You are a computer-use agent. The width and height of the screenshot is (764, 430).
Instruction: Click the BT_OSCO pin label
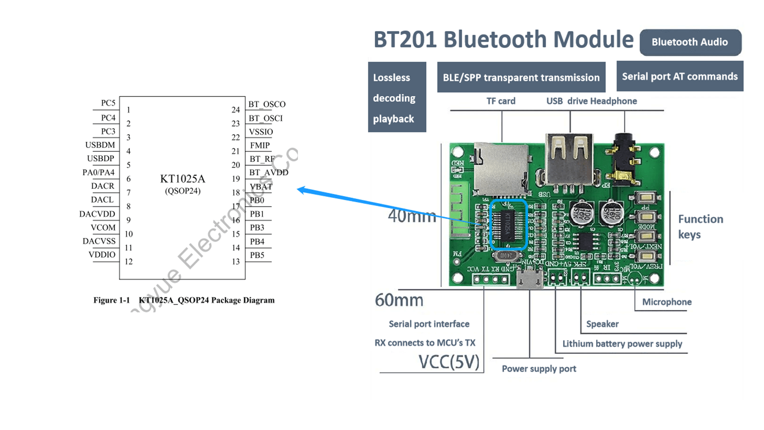tap(267, 104)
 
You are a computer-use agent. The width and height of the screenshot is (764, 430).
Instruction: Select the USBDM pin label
tap(100, 145)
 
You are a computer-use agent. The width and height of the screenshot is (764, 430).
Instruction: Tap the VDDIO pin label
tap(102, 255)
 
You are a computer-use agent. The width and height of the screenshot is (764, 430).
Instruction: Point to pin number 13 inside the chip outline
tap(236, 262)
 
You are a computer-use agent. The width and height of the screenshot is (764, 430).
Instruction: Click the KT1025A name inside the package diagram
tap(183, 179)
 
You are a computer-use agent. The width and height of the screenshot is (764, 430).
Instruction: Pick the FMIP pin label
tap(260, 145)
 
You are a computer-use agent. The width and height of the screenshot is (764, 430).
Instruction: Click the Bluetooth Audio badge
tap(690, 42)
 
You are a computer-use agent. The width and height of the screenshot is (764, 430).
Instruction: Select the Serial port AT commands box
tap(680, 76)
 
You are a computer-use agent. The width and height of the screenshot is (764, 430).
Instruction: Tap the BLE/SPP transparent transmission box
tap(521, 77)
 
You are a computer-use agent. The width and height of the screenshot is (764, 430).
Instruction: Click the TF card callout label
tap(501, 101)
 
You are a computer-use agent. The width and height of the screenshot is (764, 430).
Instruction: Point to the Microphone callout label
tap(667, 302)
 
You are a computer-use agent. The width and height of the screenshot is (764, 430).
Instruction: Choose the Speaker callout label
tap(602, 324)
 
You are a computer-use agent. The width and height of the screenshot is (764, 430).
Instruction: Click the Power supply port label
tap(539, 369)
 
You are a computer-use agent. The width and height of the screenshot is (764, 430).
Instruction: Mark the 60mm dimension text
tap(399, 300)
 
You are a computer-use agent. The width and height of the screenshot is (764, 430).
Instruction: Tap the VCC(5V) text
tap(449, 362)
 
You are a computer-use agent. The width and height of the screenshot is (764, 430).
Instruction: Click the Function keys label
tap(700, 227)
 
